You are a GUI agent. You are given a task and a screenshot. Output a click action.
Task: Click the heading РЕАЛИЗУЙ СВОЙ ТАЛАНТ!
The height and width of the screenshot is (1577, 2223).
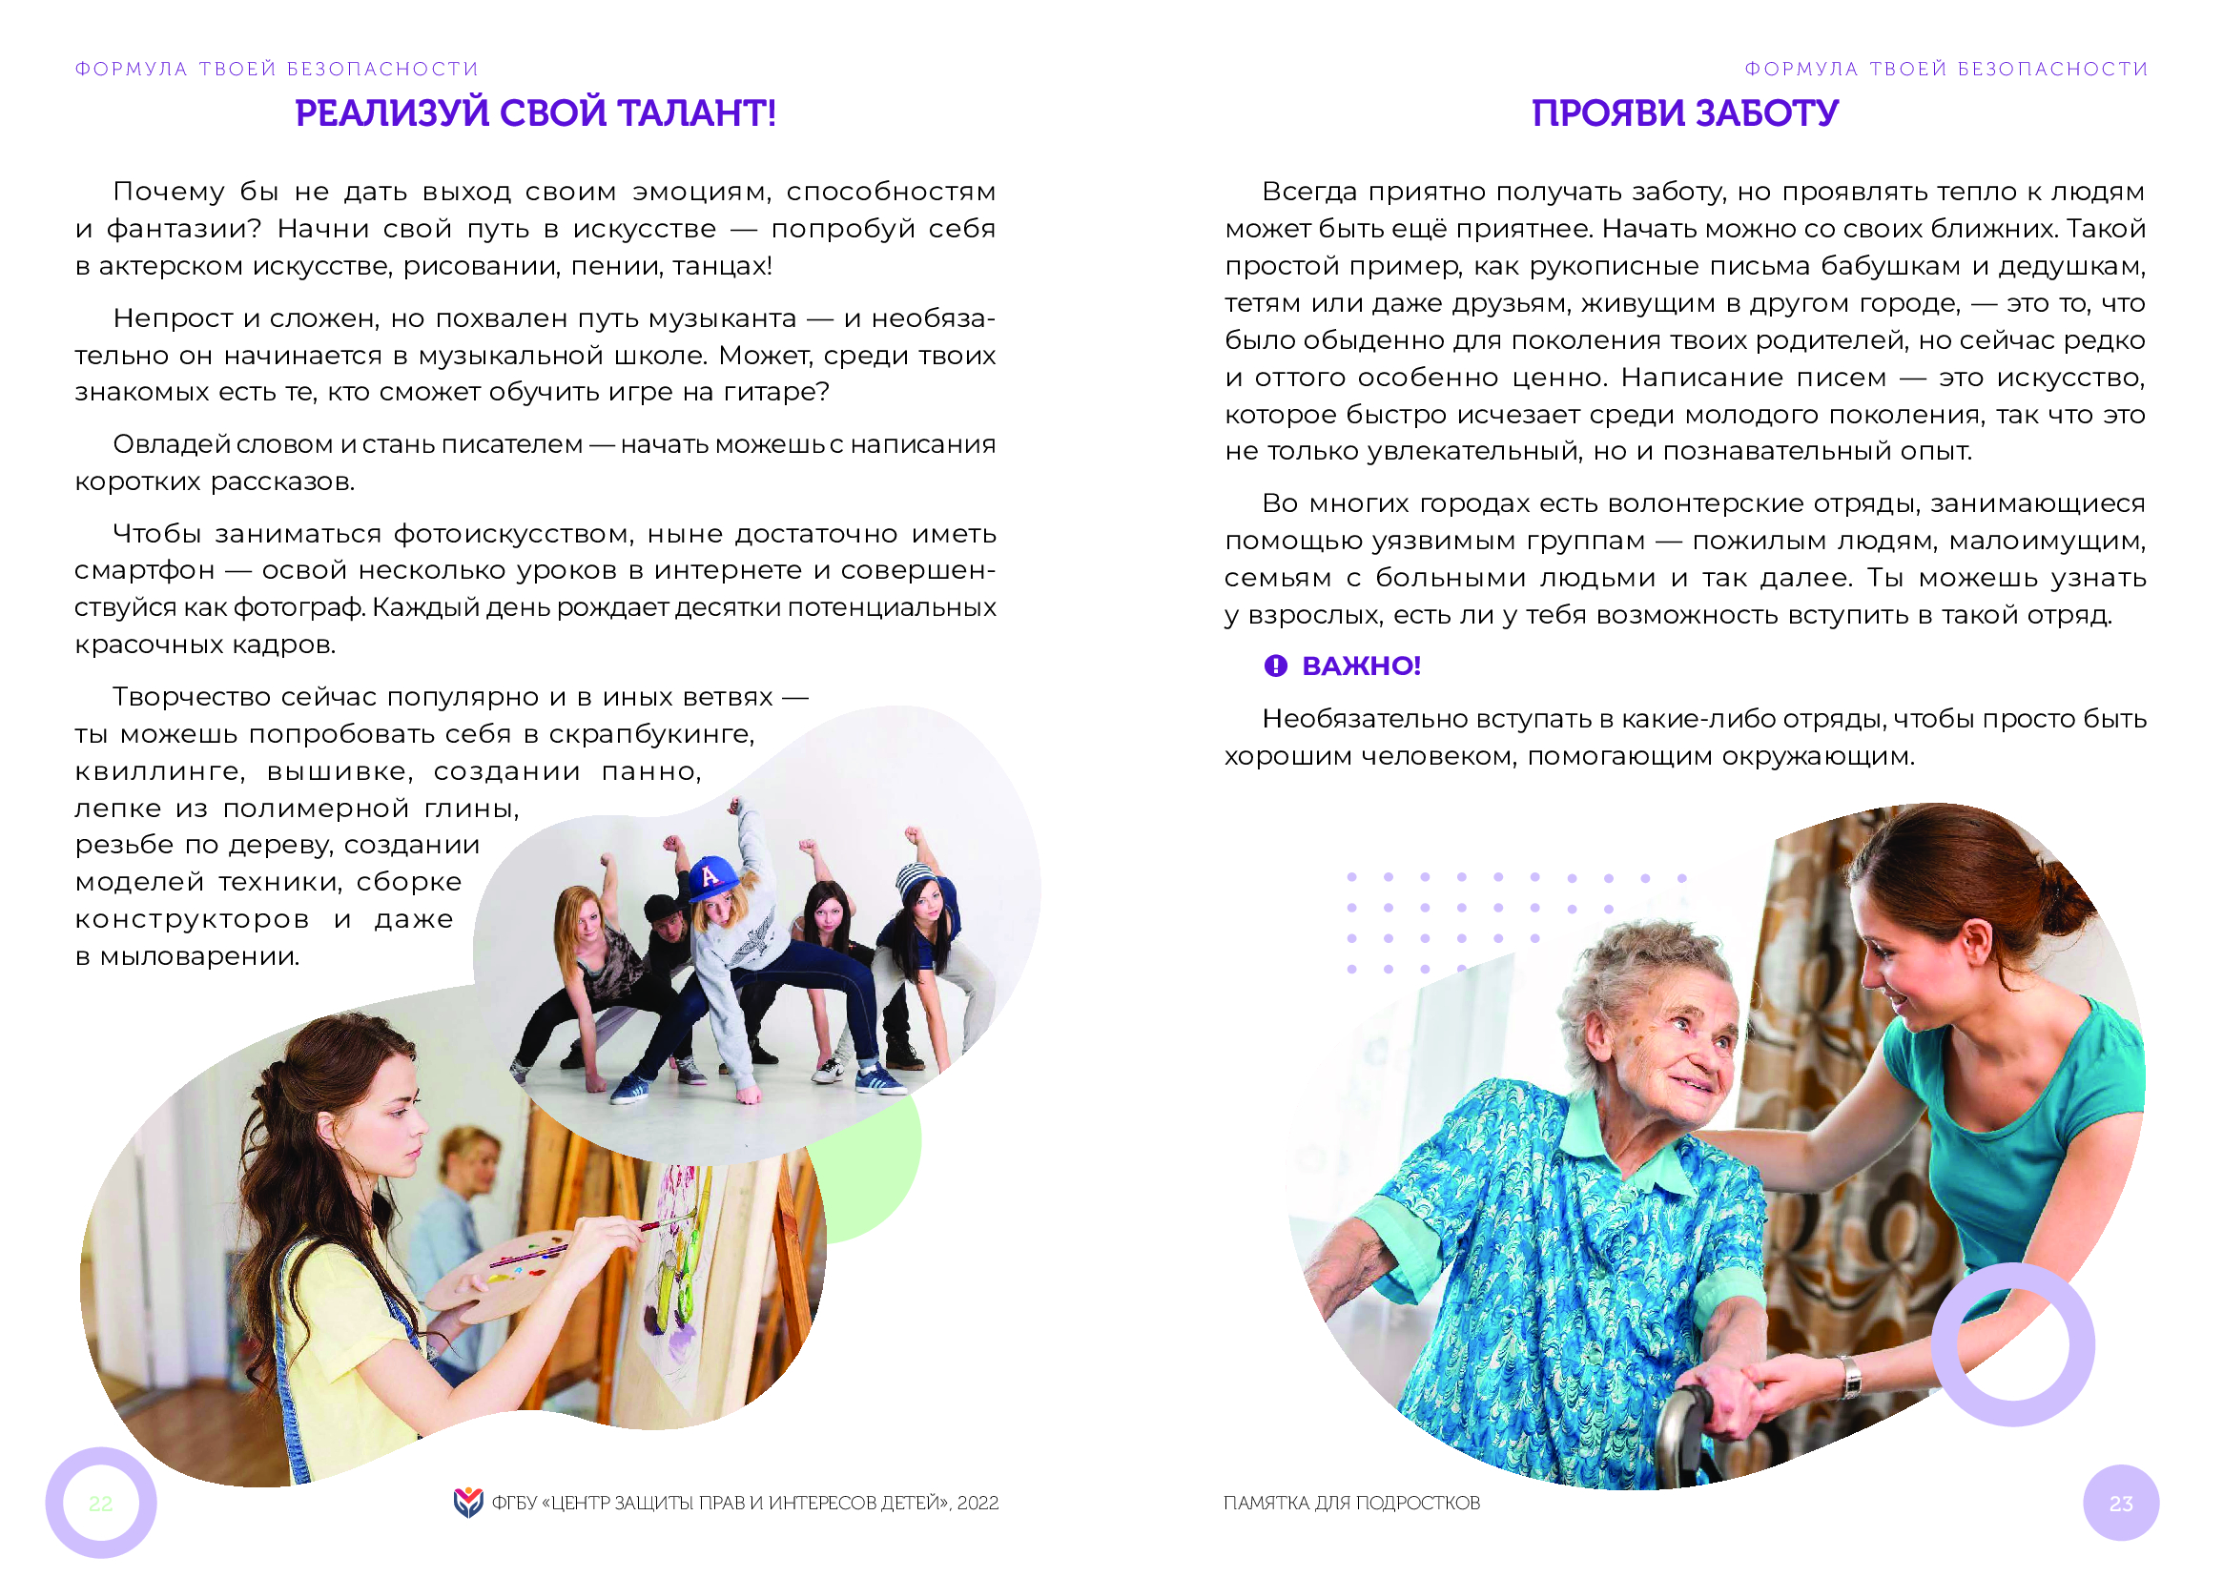535,113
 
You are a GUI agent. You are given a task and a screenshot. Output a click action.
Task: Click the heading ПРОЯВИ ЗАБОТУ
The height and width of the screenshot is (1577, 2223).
1685,113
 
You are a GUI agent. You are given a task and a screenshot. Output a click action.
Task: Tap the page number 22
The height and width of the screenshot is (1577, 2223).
100,1505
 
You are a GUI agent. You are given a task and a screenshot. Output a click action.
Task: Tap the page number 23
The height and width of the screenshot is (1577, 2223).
2121,1505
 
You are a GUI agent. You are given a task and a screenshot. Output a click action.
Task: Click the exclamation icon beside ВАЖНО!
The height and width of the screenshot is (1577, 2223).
1275,666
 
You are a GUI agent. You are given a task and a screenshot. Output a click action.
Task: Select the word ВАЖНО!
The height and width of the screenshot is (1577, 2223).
1362,666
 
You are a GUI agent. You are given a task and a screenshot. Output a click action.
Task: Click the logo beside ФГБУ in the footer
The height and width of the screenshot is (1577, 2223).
468,1503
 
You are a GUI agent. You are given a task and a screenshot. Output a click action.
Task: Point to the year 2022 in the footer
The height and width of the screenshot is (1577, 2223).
977,1504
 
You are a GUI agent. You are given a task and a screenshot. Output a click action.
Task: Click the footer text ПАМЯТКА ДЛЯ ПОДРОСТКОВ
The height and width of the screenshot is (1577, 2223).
1352,1504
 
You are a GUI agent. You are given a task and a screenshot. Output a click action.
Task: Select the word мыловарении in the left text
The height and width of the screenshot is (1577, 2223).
200,956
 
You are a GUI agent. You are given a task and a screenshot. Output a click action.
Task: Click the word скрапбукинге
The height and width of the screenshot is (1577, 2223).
651,734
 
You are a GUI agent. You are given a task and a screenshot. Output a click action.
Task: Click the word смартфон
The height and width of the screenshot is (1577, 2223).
145,571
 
